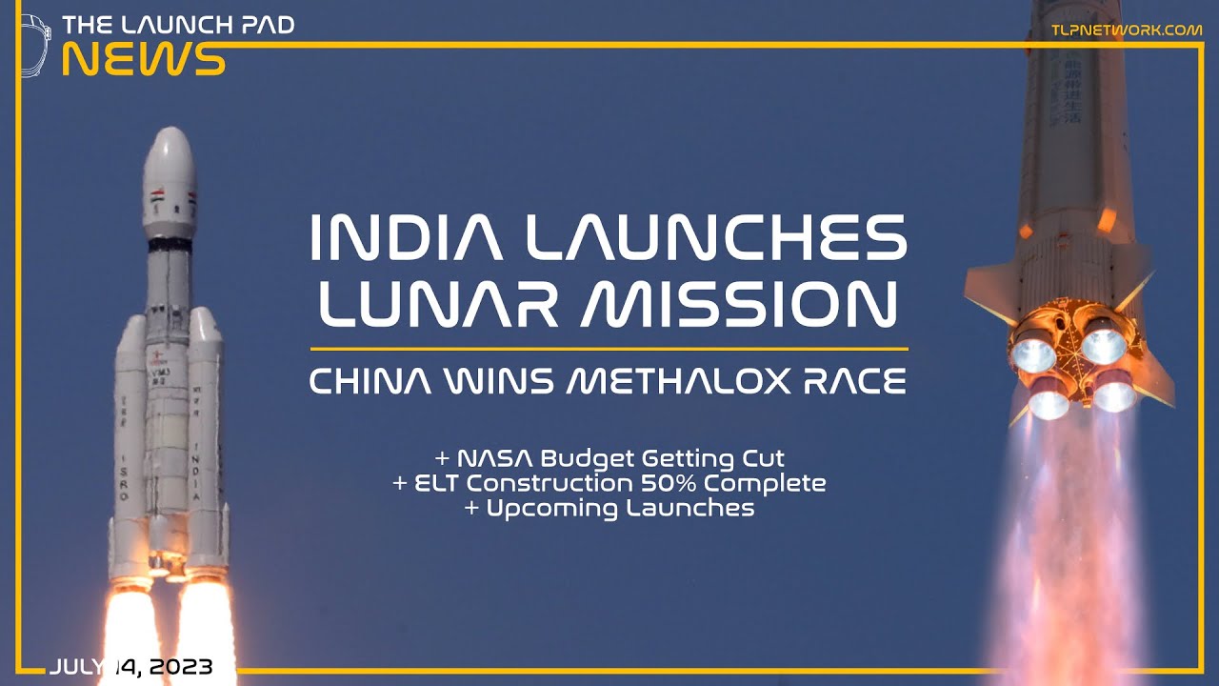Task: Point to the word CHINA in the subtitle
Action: point(368,382)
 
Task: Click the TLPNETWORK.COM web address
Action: point(1126,30)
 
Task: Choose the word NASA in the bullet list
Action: point(494,459)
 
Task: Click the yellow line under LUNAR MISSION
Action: point(609,349)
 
